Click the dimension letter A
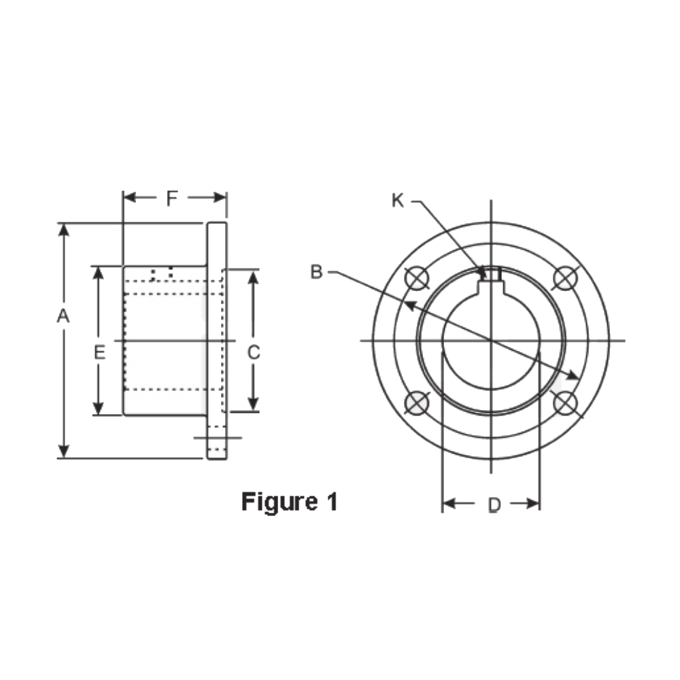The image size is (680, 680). click(x=63, y=316)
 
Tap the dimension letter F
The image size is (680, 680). click(x=172, y=199)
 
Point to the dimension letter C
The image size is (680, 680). click(x=253, y=352)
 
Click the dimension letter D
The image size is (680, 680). click(x=494, y=505)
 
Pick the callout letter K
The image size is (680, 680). click(x=398, y=200)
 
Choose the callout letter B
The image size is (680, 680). click(x=316, y=272)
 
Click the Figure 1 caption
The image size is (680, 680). click(x=289, y=502)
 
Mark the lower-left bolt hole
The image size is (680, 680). click(x=415, y=403)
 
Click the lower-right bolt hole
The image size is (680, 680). click(x=566, y=403)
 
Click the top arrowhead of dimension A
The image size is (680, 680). click(x=64, y=229)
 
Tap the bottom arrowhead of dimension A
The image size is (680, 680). click(x=64, y=452)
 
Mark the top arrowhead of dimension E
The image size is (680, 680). click(x=99, y=271)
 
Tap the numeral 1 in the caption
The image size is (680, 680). click(x=330, y=502)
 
